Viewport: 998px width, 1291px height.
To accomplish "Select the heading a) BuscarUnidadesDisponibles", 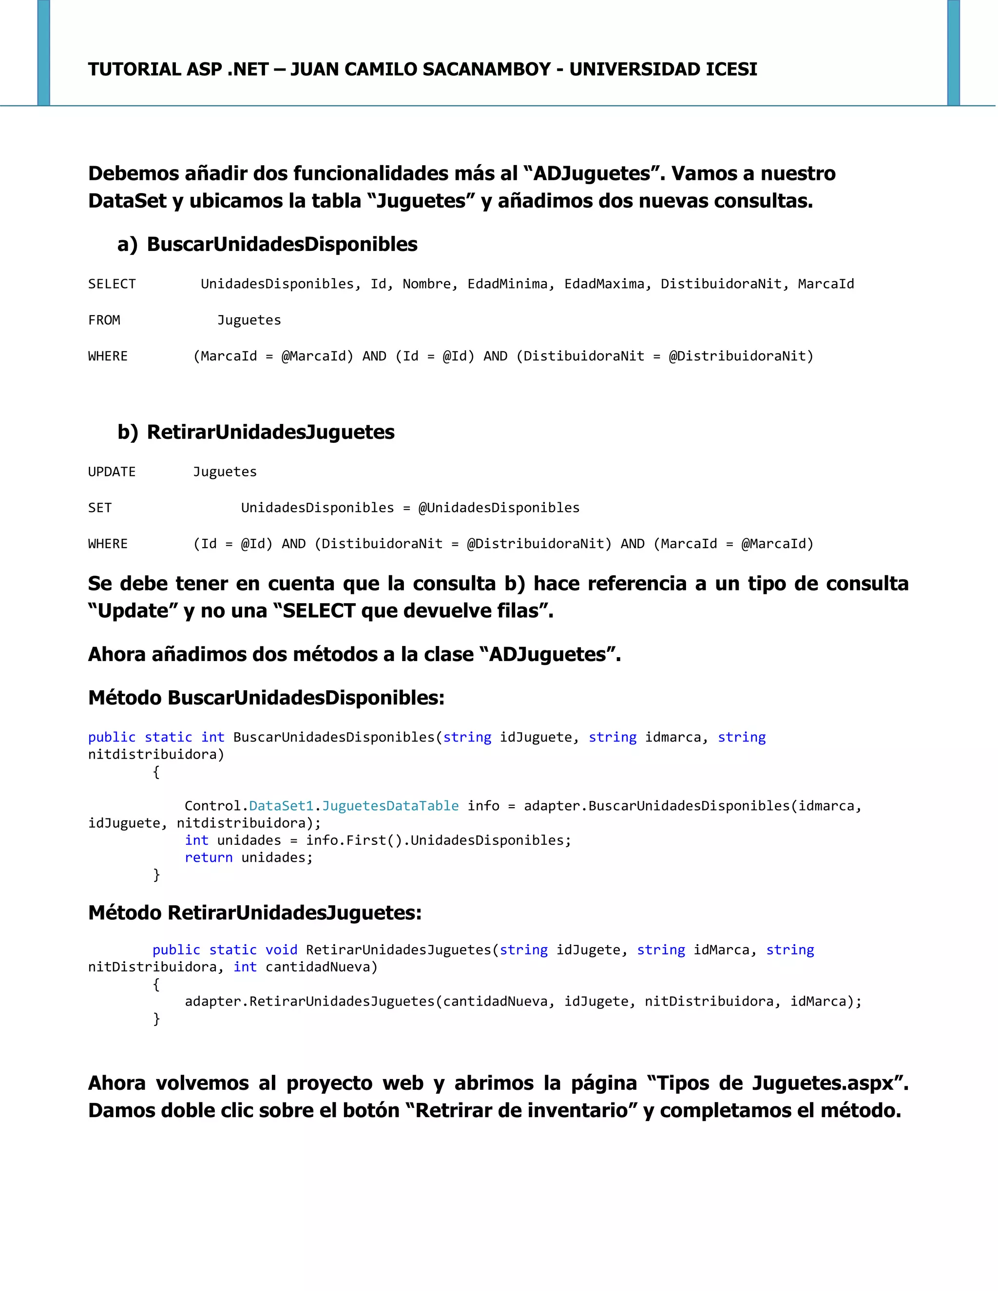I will [267, 244].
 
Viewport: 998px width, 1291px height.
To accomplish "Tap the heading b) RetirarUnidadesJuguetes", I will [256, 432].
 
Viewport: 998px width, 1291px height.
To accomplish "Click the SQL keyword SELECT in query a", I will [112, 285].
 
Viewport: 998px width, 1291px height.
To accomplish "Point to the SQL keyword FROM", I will [104, 321].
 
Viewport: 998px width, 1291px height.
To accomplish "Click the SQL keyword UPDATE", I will [112, 472].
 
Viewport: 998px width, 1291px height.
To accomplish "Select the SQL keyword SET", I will [100, 508].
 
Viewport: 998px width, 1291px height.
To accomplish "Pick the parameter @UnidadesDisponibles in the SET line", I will [499, 508].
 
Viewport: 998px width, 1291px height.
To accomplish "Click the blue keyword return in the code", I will [209, 858].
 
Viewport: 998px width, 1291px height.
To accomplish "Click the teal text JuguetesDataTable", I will [390, 806].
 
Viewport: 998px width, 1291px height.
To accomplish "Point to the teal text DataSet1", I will [281, 806].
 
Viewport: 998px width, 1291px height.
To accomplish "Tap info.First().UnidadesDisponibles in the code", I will [438, 840].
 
